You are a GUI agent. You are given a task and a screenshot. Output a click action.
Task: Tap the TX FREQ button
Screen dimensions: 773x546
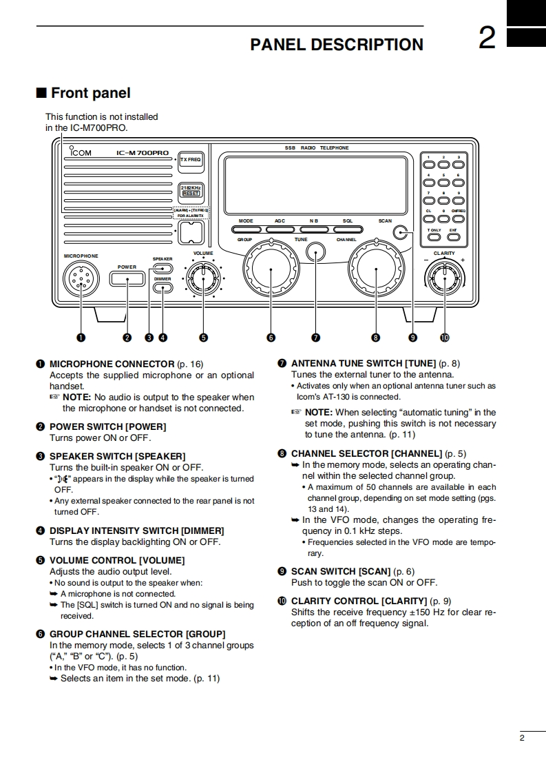coord(190,160)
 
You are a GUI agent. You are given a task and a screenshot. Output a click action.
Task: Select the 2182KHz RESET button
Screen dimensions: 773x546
coord(190,190)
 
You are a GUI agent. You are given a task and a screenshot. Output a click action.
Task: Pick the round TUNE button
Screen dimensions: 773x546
coord(316,252)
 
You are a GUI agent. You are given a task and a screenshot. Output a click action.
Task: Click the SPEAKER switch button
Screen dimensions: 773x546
coord(162,269)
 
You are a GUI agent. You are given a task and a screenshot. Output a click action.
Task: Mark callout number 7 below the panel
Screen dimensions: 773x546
coord(315,338)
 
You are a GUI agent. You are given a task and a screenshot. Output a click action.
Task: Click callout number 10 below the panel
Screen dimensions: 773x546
coord(444,338)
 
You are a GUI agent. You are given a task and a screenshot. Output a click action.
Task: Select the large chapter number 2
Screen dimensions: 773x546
coord(487,39)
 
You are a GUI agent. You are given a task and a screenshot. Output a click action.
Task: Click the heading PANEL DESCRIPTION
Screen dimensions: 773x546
coord(337,45)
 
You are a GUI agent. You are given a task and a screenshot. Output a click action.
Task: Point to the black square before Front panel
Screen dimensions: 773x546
coord(41,93)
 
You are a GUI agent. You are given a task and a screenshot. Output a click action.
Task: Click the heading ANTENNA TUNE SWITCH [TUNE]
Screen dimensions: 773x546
coord(364,363)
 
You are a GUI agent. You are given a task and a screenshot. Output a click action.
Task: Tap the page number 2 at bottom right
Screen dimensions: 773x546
coord(522,739)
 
